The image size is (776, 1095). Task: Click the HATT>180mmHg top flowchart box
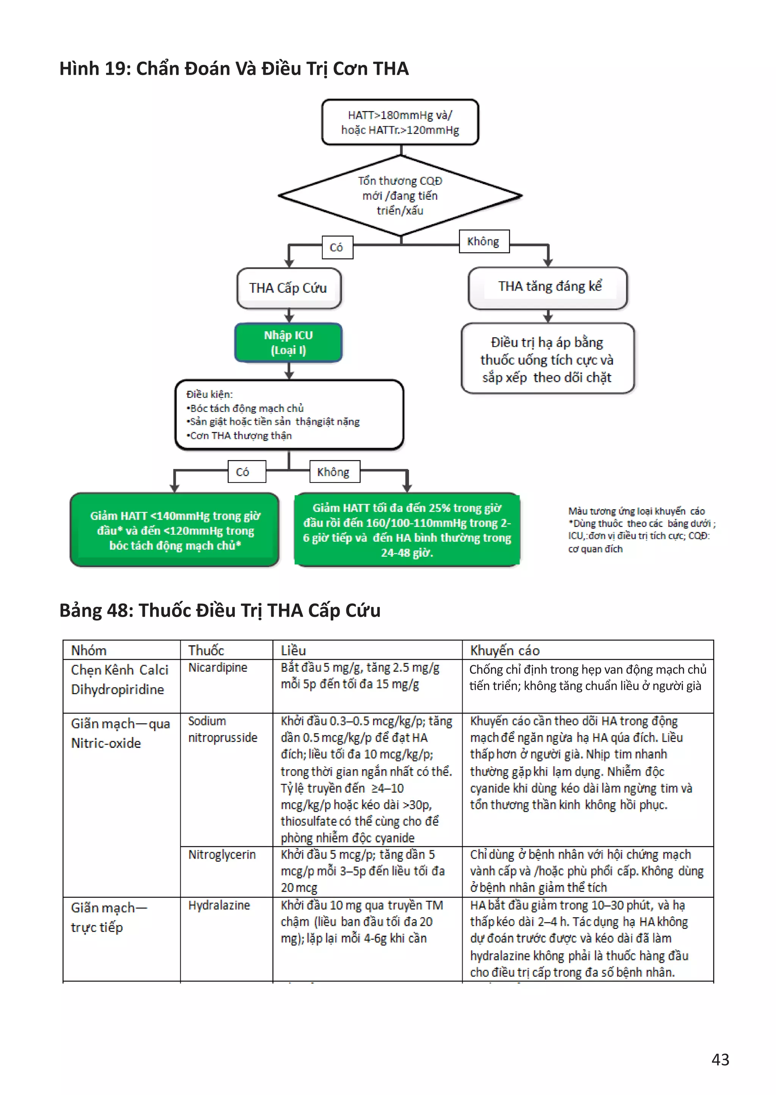coord(400,123)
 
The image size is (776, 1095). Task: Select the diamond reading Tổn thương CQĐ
coord(400,196)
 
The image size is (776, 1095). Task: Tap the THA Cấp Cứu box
coord(289,288)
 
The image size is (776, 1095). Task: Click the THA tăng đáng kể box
coord(548,287)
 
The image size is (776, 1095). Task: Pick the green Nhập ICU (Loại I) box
coord(289,342)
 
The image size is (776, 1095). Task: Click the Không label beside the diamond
coord(483,242)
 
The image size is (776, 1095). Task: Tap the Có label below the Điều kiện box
coord(243,472)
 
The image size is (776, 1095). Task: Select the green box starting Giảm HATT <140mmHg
coord(175,530)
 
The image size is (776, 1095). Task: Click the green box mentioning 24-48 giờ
coord(407,530)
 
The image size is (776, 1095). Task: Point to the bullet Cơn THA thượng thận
coord(240,435)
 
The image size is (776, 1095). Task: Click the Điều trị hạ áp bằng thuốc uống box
coord(548,359)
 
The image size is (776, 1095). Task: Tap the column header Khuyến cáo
coord(505,651)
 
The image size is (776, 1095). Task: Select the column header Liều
coord(293,651)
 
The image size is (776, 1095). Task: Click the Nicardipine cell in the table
coord(218,668)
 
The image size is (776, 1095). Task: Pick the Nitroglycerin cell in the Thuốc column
coord(222,855)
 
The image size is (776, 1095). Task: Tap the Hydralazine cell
coord(219,905)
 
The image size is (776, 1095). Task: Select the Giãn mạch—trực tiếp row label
coord(109,917)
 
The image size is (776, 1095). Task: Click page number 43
coord(720,1060)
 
